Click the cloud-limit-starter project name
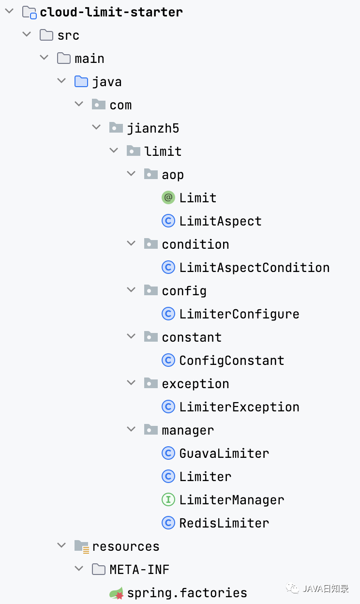pos(111,12)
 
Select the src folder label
pos(68,36)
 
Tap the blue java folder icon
pos(81,81)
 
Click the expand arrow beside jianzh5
pos(96,127)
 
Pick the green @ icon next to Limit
pos(168,197)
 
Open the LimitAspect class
pos(220,221)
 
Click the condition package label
pos(195,244)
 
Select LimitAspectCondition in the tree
pos(255,268)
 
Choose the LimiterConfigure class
pos(239,314)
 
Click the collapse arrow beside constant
pos(131,336)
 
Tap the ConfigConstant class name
pos(232,361)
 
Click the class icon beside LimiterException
pos(168,407)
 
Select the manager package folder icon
pos(151,429)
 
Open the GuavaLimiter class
pos(224,453)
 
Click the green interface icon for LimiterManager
pos(168,499)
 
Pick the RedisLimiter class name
pos(224,523)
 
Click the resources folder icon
pos(82,546)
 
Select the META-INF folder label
pos(139,570)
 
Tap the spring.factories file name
pos(187,593)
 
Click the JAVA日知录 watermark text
pos(326,589)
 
